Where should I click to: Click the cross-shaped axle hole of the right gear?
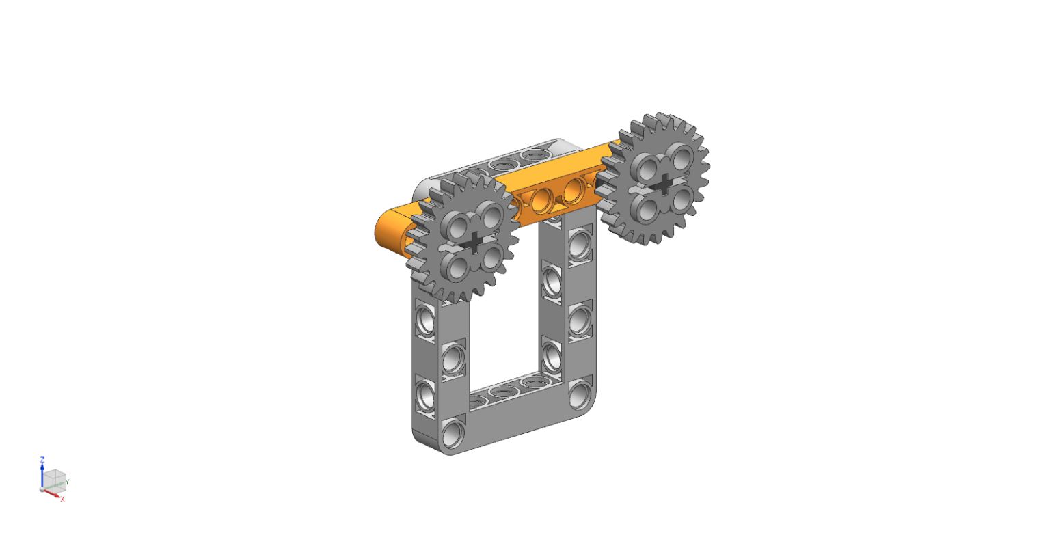[664, 184]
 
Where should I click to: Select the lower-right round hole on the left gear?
[493, 258]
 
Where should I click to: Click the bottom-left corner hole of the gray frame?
[453, 433]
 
